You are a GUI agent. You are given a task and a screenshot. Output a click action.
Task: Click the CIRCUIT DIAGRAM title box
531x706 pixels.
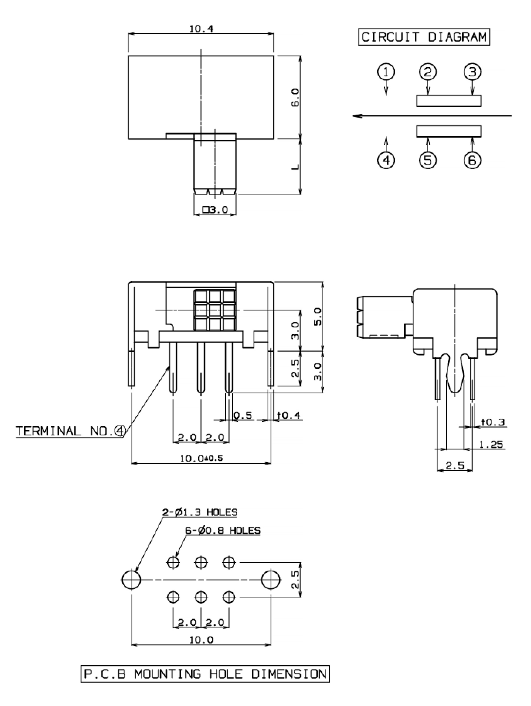coord(424,37)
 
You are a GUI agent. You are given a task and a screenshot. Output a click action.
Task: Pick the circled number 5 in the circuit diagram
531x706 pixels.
coord(428,160)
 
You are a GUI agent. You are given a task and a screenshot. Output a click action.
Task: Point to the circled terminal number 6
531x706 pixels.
coord(472,160)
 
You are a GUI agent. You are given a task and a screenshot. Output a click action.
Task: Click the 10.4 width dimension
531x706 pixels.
coord(201,29)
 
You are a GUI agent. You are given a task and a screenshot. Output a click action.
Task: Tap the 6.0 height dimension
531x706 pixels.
coord(295,98)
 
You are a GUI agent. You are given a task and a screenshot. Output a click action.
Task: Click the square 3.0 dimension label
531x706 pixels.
coord(215,210)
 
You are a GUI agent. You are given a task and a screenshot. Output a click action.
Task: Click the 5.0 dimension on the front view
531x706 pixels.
coord(318,317)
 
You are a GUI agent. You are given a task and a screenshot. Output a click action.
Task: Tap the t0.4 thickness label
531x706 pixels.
coord(289,415)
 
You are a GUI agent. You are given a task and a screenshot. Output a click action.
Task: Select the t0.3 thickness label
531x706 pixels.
coord(493,422)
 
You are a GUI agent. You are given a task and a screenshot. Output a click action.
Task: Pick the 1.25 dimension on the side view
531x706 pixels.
coord(491,444)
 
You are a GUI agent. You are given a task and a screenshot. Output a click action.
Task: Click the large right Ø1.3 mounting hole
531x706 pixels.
coord(271,579)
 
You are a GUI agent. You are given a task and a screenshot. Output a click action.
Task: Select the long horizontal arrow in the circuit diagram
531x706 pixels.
coord(432,116)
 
